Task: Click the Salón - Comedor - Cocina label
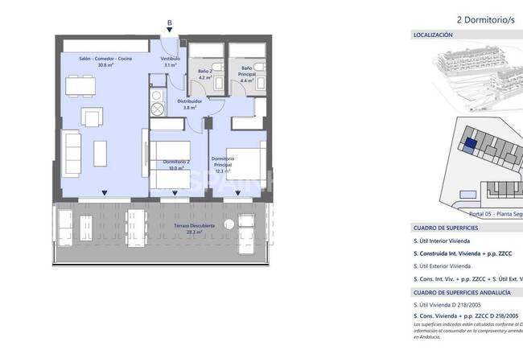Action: coord(107,59)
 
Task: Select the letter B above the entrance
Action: coord(168,23)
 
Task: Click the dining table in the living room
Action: coord(77,84)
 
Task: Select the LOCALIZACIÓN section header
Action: coord(433,35)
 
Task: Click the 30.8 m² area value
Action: coord(107,65)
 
